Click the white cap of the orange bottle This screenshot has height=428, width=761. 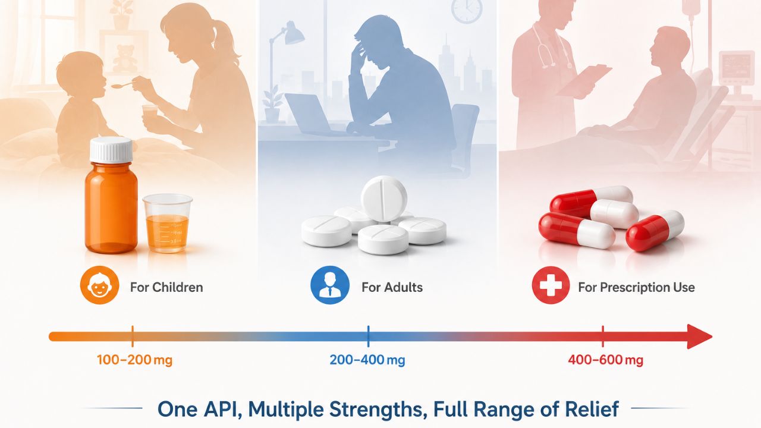111,150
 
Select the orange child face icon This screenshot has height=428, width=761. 99,285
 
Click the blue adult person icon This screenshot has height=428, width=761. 330,285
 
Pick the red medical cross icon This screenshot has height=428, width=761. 551,285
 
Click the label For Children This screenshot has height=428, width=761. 166,287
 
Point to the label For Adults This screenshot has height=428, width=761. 392,287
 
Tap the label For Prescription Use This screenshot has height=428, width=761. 636,287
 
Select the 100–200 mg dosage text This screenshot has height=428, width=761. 134,360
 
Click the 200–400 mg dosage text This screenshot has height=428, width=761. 367,360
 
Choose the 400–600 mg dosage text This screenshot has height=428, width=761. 605,360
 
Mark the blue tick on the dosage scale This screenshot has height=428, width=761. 368,336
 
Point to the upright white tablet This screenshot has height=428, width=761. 384,199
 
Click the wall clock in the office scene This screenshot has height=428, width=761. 467,10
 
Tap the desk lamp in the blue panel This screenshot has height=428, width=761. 285,58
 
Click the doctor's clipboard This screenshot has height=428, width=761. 584,80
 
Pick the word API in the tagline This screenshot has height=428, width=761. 223,409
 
